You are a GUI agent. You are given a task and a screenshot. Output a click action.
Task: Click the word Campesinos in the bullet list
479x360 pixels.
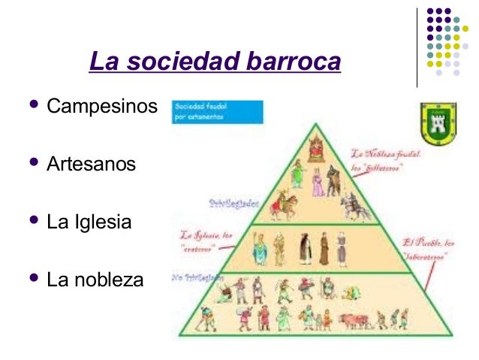coord(102,106)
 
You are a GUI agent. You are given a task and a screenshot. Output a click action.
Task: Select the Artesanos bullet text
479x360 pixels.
coord(92,164)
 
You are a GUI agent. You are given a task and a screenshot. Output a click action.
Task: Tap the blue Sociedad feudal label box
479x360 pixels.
coord(217,111)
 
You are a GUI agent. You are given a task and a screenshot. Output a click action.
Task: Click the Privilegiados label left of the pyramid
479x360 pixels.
coord(233,202)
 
